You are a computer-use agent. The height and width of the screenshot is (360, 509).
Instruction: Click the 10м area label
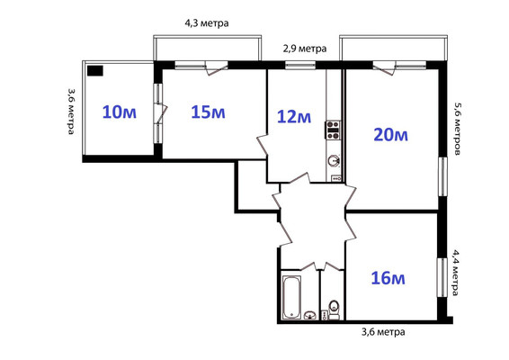(x=119, y=112)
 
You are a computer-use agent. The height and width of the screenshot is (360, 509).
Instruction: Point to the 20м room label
(x=390, y=135)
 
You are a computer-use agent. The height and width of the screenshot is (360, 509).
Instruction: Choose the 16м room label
(x=387, y=278)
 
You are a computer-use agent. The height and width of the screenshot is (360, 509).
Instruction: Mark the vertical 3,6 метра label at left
(x=70, y=111)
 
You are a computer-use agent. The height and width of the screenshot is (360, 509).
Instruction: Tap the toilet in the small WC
(x=334, y=307)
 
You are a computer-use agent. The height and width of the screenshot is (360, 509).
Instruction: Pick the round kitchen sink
(x=334, y=161)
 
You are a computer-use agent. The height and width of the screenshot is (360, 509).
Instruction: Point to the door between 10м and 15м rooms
(x=160, y=112)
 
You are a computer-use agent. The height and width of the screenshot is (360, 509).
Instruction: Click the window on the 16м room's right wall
(x=442, y=275)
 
